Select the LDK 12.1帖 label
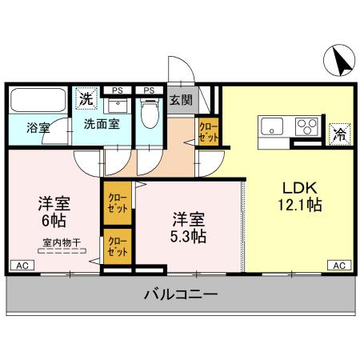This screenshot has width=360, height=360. [x=301, y=197]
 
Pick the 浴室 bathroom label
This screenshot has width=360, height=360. [x=37, y=126]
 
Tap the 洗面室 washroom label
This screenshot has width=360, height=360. [x=102, y=124]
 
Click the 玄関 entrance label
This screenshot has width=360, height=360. [x=180, y=101]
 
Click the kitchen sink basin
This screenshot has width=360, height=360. [x=271, y=126]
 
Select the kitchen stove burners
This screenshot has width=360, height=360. [x=306, y=126]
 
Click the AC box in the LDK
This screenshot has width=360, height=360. [x=338, y=265]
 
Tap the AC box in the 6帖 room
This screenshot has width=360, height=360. [x=22, y=265]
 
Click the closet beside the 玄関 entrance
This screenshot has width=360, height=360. [x=208, y=132]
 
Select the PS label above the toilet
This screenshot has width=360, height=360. [x=148, y=90]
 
